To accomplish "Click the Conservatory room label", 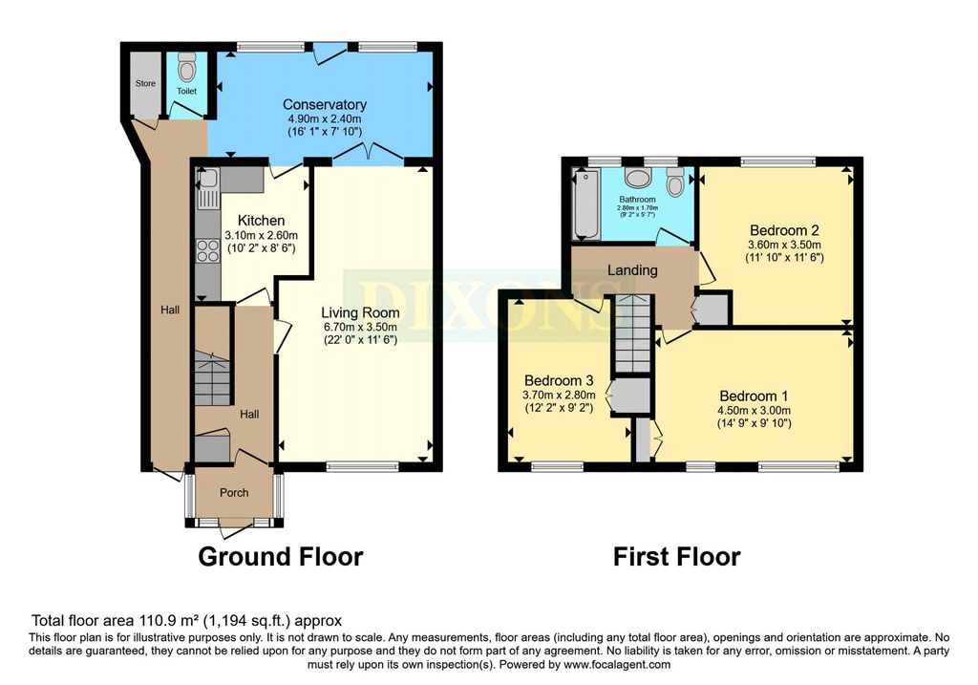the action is [x=325, y=104].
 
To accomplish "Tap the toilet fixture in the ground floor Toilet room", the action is [x=186, y=64].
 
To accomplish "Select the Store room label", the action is [x=145, y=83].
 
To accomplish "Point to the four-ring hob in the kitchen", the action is [x=207, y=252].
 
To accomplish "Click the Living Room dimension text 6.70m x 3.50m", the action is [x=360, y=327].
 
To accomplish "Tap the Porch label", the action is [x=234, y=492].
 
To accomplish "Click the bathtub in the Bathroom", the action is [x=586, y=205].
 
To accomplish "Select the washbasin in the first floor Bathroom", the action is [x=638, y=179].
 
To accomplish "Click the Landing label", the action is [x=632, y=269].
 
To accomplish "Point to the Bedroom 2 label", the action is [x=784, y=230].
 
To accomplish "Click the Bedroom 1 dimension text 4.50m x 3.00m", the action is [x=755, y=411].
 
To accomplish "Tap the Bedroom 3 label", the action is [x=558, y=380].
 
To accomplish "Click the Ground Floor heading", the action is [x=280, y=556].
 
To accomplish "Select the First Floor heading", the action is [x=677, y=556].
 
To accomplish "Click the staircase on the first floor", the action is [x=632, y=333].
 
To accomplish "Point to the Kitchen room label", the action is [x=262, y=221].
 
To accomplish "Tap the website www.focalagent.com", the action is [x=617, y=665].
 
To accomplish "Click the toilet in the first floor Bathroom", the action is [x=674, y=181].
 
